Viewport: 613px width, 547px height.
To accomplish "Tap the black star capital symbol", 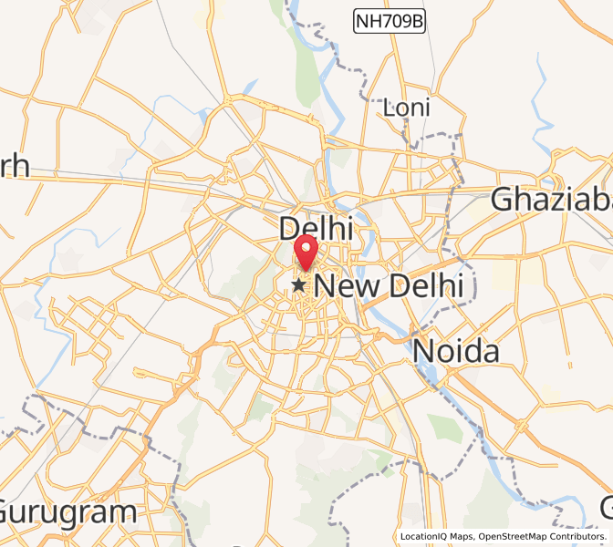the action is [x=298, y=285].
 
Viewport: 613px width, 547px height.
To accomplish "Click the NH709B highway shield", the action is [x=389, y=20].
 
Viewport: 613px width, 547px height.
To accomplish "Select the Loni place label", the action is [x=407, y=108].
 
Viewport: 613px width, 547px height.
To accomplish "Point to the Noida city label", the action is [x=456, y=351].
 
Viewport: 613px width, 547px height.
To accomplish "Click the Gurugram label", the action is [x=68, y=512].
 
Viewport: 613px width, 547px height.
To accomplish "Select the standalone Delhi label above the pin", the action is [x=316, y=228].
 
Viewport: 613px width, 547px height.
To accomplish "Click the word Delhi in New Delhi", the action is [x=426, y=285].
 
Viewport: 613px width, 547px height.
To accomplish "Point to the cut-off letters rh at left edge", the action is [x=15, y=167].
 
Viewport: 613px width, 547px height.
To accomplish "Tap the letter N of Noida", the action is [x=424, y=351].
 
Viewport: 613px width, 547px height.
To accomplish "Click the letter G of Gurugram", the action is [x=12, y=512].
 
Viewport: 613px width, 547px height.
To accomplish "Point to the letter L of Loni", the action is [x=389, y=108].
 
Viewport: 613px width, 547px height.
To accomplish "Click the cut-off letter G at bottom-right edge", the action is [x=606, y=507].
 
